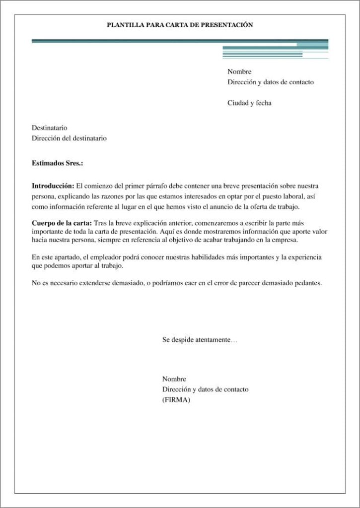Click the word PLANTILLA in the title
point(125,24)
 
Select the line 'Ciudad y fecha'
point(249,103)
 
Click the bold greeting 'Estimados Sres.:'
point(57,163)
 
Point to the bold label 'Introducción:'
point(53,186)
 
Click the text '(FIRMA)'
point(176,400)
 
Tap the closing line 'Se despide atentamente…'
point(200,340)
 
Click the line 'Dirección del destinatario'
point(69,138)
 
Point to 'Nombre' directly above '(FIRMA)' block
point(174,379)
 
